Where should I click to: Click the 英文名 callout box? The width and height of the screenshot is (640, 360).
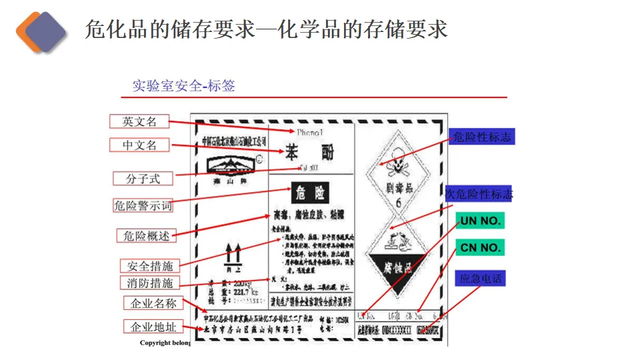(x=139, y=121)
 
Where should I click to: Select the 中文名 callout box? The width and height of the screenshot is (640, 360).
(x=139, y=145)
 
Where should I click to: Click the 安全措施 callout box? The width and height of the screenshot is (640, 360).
(x=149, y=266)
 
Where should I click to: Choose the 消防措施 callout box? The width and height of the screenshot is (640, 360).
(x=149, y=283)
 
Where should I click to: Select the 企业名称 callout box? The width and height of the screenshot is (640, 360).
(x=153, y=303)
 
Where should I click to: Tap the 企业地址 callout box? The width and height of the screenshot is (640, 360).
(x=153, y=327)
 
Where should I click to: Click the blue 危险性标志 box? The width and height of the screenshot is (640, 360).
(x=481, y=137)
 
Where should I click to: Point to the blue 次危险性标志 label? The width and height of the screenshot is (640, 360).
(x=479, y=194)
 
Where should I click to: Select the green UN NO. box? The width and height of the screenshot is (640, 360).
(x=480, y=221)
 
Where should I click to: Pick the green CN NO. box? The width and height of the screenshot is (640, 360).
(x=480, y=248)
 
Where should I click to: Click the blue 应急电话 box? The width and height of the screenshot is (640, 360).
(x=480, y=278)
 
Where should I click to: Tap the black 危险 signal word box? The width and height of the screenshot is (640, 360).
(x=310, y=193)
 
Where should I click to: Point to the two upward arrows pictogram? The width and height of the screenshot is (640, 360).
(x=233, y=254)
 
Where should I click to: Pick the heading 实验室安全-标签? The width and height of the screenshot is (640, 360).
(x=183, y=86)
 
